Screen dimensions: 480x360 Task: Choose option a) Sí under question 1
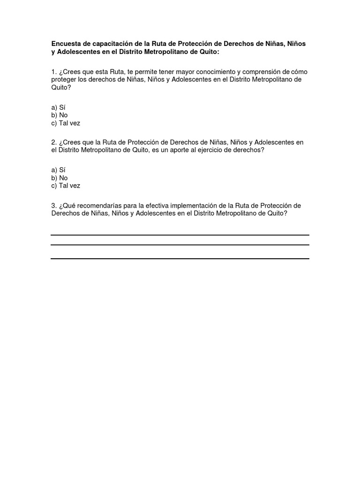click(58, 107)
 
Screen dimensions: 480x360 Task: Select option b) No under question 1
click(60, 115)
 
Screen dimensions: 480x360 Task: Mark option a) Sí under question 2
click(58, 170)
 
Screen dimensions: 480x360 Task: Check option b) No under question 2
click(60, 178)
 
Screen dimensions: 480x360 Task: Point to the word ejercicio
click(225, 150)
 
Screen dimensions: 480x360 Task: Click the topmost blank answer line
click(180, 235)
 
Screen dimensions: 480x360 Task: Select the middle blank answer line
click(180, 245)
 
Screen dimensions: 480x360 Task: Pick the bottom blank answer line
click(180, 258)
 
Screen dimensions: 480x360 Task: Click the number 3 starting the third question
click(53, 206)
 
